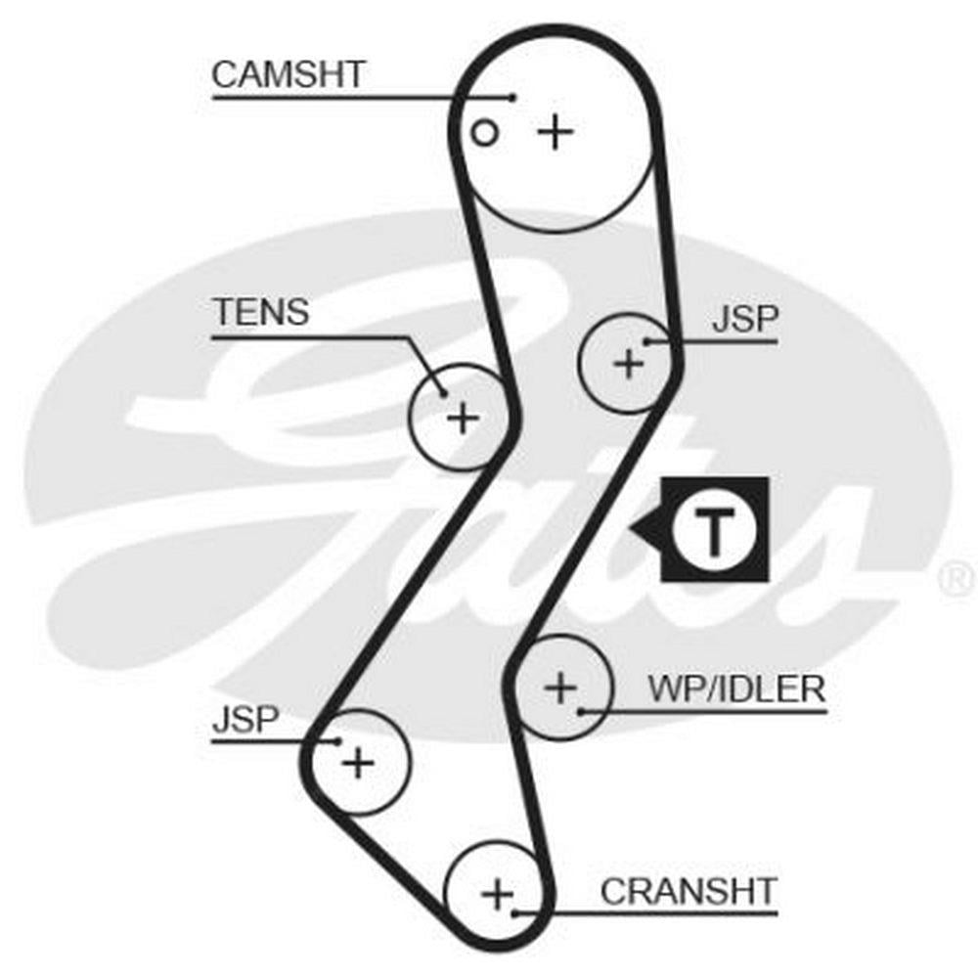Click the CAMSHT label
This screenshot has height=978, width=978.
pos(289,74)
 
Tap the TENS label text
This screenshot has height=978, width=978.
pos(261,313)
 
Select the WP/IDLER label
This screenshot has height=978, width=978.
pos(736,689)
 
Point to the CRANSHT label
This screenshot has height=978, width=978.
pos(688,891)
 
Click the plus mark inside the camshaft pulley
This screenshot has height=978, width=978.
pos(556,131)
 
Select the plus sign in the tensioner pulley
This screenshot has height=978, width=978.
pos(462,419)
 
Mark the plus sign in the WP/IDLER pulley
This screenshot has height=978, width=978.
pos(560,688)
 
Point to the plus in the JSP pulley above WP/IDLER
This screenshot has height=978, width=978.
pos(629,365)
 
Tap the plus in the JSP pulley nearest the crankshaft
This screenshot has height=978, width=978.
pos(359,762)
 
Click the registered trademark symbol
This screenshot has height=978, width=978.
pos(956,579)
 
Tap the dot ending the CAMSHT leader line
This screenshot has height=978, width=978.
pos(512,97)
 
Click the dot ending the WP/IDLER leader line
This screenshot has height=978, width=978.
pos(582,710)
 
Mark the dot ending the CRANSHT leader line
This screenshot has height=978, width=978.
pos(515,914)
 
